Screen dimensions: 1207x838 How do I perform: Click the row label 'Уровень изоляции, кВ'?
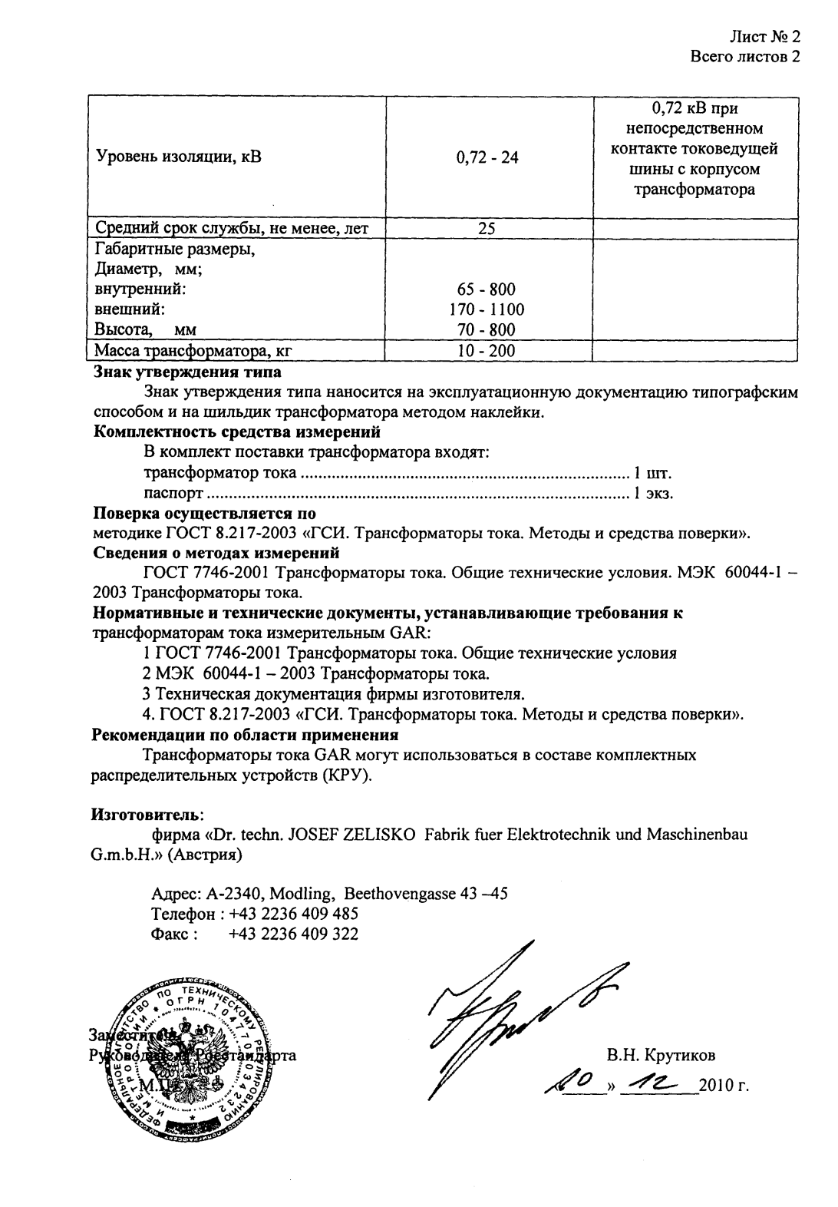click(178, 158)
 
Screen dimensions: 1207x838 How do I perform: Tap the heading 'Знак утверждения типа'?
click(187, 372)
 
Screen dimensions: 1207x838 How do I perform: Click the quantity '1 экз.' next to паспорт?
click(653, 493)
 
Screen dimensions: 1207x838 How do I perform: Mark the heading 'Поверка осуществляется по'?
click(204, 513)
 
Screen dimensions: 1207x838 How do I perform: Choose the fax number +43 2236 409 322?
click(293, 934)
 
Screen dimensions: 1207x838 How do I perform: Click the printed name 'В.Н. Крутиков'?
click(661, 1055)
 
